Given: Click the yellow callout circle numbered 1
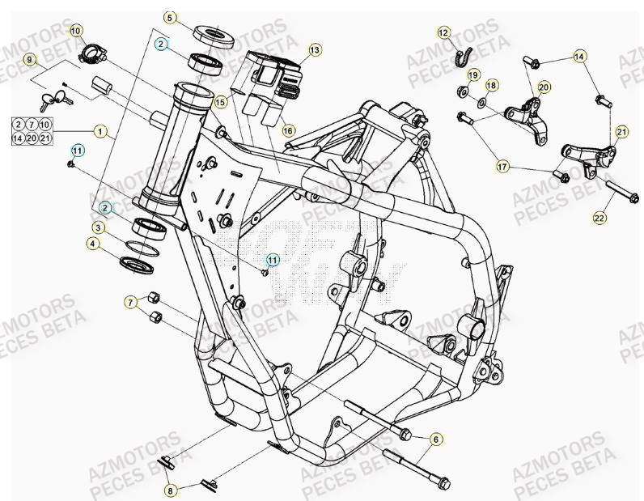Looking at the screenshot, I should (100, 129).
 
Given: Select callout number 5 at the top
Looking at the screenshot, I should (169, 17).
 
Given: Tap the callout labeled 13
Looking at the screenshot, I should (315, 50).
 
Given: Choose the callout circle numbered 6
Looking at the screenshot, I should (435, 439).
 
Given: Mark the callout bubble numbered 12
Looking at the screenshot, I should (443, 33).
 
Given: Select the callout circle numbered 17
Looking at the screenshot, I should (502, 167).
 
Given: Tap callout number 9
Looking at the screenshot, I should (30, 60).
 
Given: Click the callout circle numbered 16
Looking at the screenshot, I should (288, 129).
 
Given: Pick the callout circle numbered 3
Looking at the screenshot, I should (97, 227).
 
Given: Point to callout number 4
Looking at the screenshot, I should (94, 243).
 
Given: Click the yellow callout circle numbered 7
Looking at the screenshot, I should (129, 302).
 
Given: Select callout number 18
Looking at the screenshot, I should (491, 85).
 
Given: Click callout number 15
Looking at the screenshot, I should (220, 103).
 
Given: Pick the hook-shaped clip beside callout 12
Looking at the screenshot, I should (464, 57).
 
